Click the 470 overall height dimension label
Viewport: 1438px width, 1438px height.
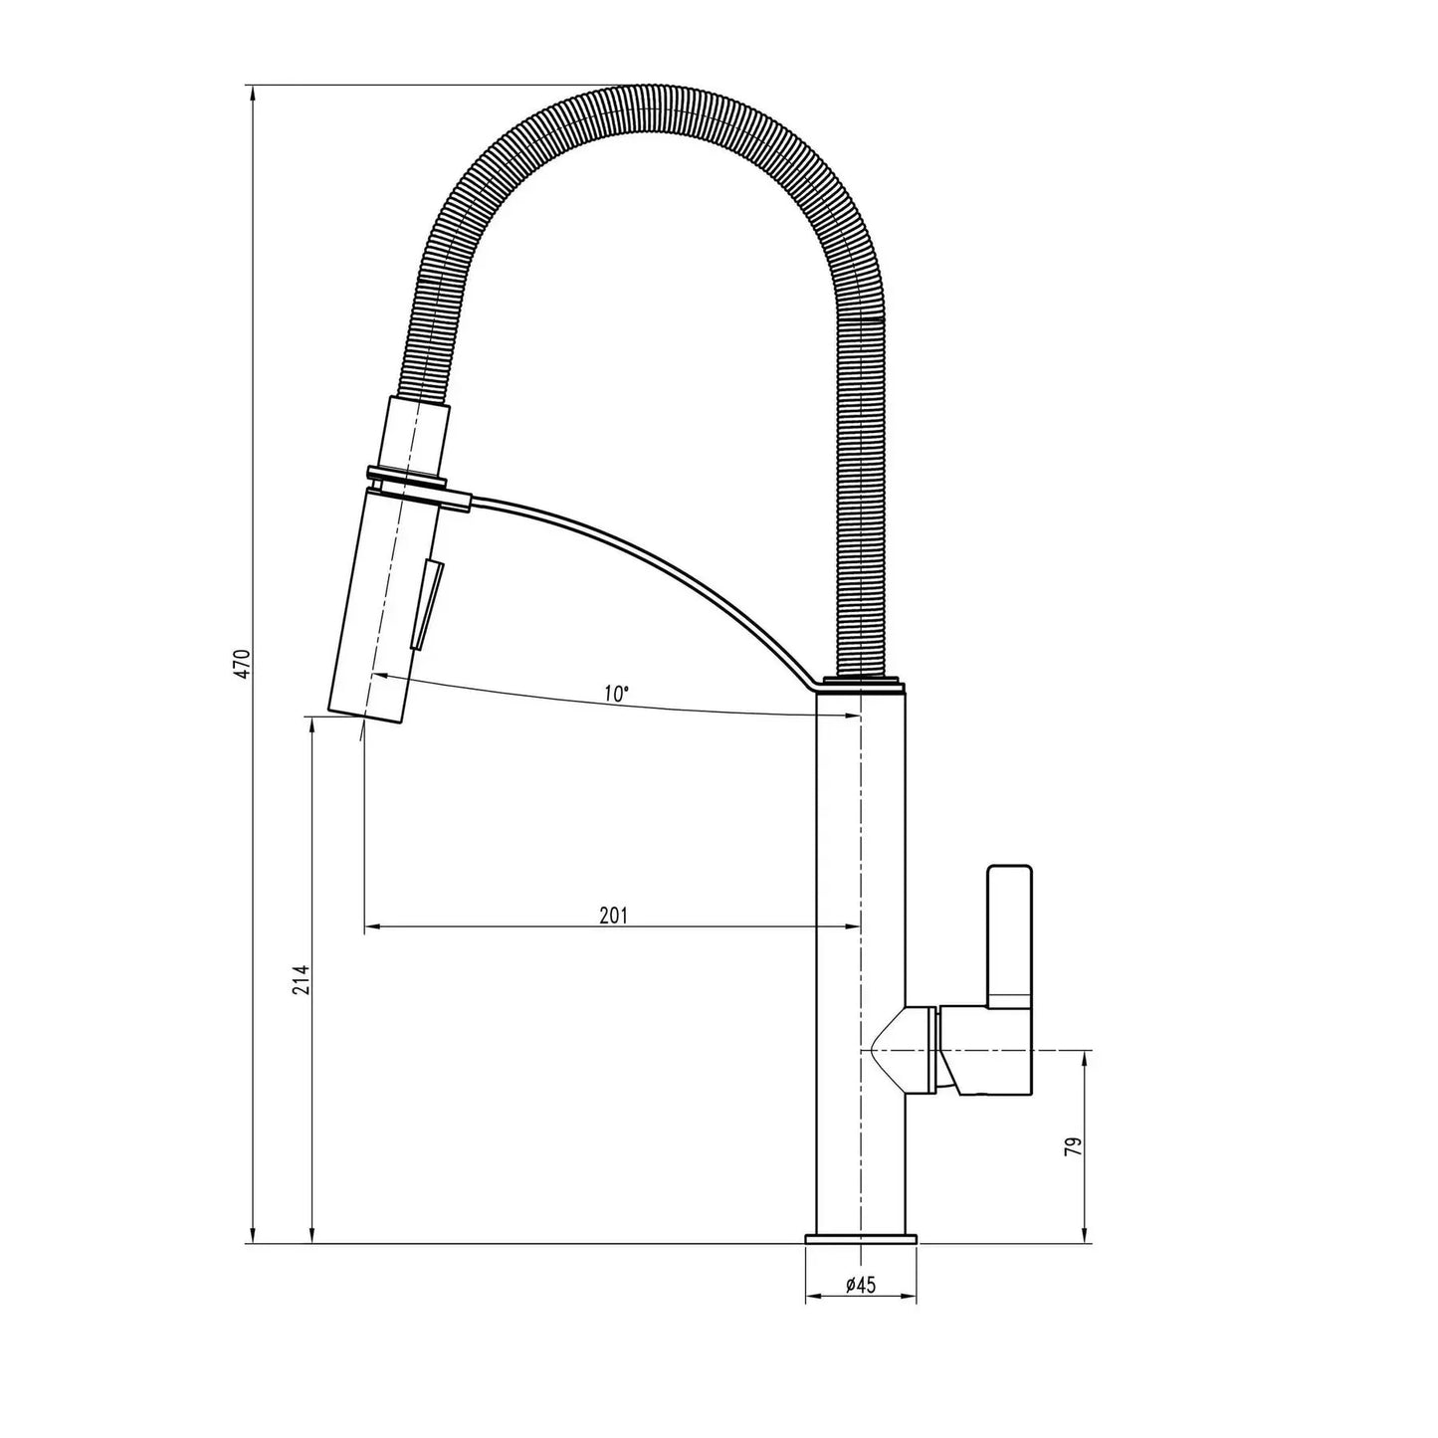tap(242, 663)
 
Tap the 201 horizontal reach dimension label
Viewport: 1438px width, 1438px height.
tap(613, 916)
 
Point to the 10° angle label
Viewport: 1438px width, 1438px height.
tap(616, 693)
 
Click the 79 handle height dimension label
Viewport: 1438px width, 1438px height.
tap(1072, 1147)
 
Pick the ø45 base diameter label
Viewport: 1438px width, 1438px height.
tap(860, 1285)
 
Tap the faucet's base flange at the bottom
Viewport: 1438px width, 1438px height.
tap(860, 1239)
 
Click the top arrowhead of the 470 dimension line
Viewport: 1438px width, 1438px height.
tap(254, 93)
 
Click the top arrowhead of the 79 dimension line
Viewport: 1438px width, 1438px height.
tap(1084, 1058)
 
